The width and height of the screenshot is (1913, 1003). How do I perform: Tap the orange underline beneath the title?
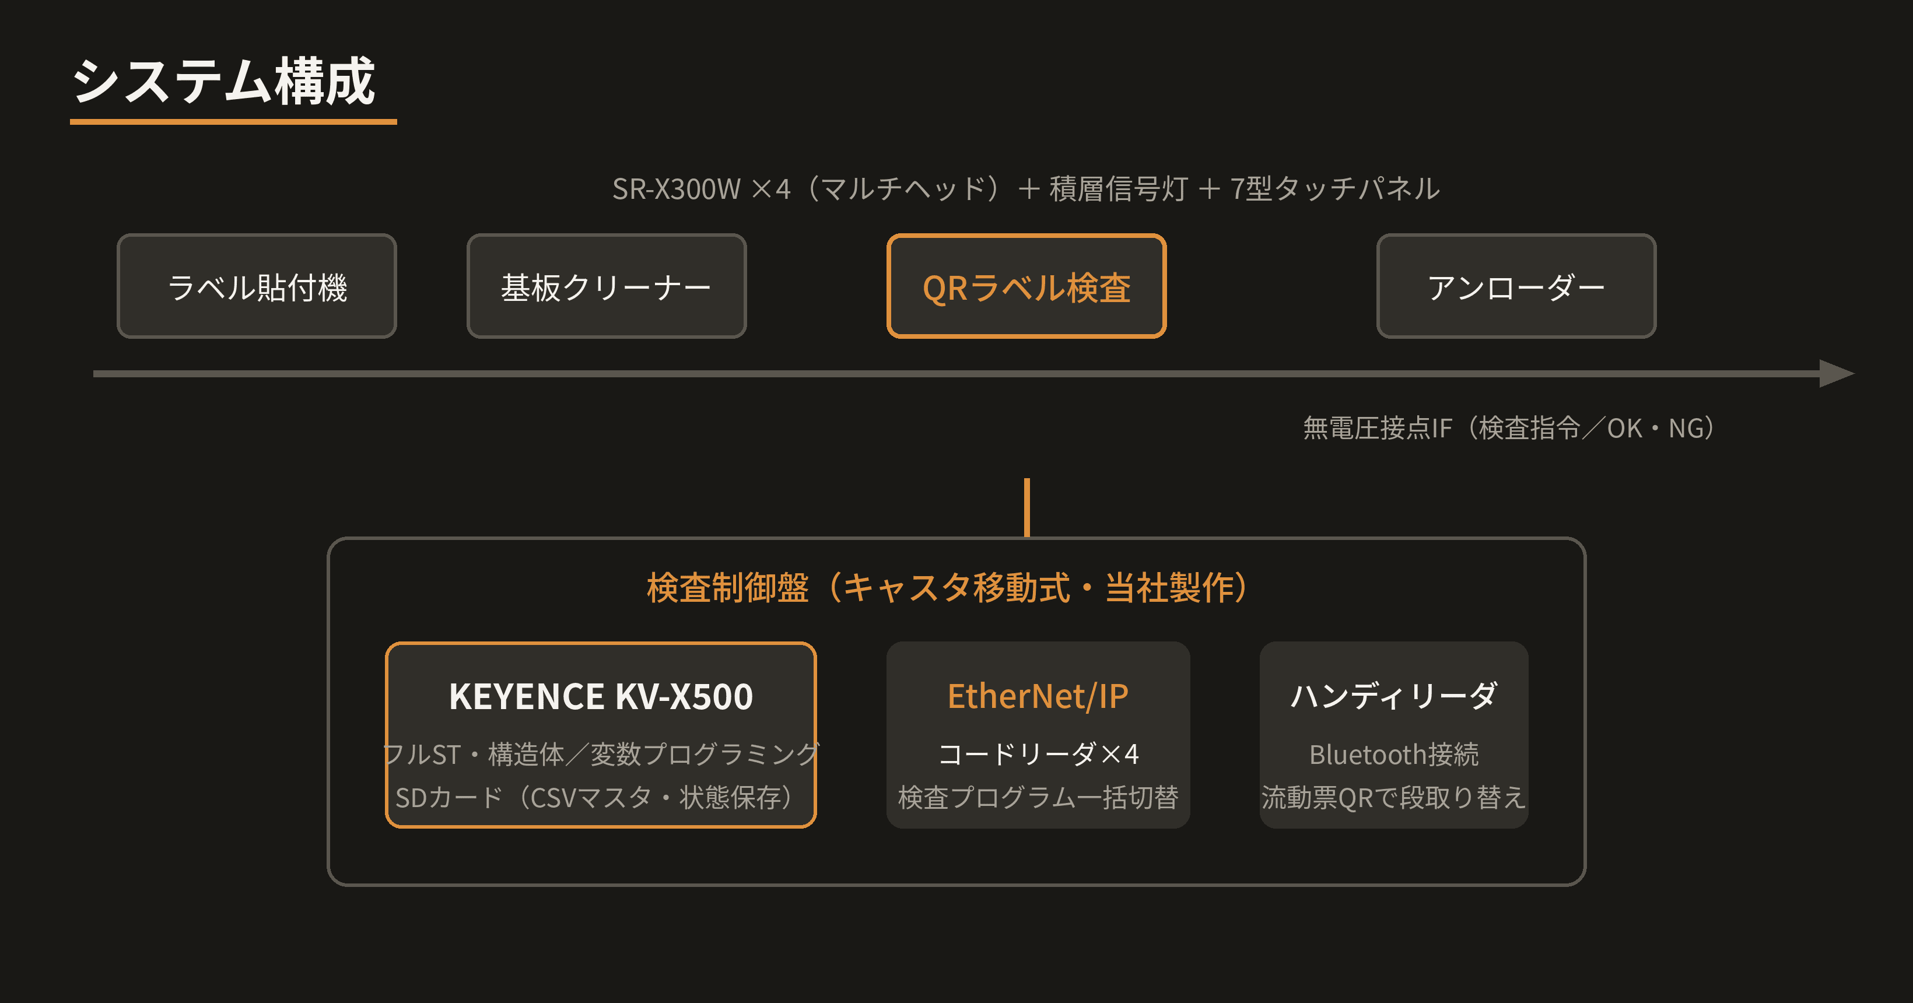click(233, 121)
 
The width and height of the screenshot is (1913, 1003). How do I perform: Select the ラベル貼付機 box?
click(257, 286)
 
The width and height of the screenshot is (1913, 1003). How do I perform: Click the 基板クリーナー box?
click(606, 286)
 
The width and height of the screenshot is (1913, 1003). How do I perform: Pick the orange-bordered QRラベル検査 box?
click(1026, 286)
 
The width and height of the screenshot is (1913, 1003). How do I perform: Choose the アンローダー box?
click(1516, 286)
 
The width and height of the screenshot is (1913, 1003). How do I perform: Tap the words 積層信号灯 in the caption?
click(1119, 188)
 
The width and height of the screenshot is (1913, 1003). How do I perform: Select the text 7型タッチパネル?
click(1334, 188)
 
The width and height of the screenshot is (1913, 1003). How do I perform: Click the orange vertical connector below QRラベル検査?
click(1027, 508)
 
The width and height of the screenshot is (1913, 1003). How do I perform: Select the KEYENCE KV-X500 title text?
click(601, 697)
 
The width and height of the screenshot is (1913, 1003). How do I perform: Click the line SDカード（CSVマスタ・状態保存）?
click(601, 797)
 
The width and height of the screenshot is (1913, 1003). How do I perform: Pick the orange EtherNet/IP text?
click(1038, 697)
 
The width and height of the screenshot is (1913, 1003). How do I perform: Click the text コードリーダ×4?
click(1038, 755)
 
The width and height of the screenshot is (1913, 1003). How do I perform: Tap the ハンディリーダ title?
click(1394, 696)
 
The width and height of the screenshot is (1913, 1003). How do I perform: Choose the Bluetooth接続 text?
click(1394, 755)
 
